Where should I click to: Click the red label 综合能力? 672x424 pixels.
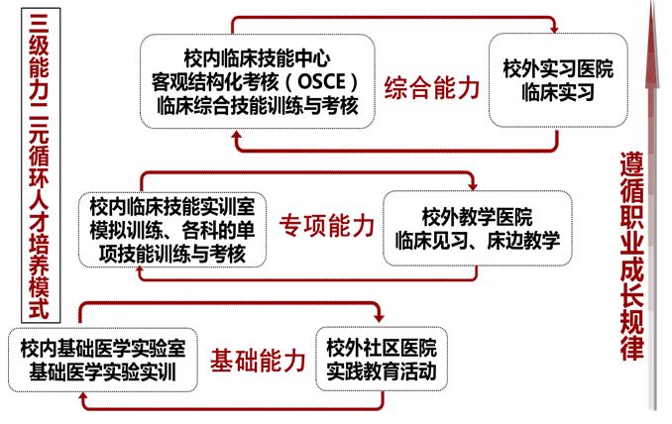pyautogui.click(x=431, y=88)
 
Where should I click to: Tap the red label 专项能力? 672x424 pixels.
pyautogui.click(x=326, y=225)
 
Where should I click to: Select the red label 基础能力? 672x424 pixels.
pyautogui.click(x=258, y=361)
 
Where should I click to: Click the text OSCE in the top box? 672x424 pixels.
pyautogui.click(x=321, y=81)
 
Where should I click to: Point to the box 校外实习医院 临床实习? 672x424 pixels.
pyautogui.click(x=558, y=80)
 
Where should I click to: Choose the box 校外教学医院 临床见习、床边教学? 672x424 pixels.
pyautogui.click(x=478, y=228)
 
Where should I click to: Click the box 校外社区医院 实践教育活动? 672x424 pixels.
pyautogui.click(x=382, y=359)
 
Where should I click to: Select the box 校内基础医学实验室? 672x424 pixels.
pyautogui.click(x=103, y=360)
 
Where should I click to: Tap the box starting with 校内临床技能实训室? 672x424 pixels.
pyautogui.click(x=172, y=230)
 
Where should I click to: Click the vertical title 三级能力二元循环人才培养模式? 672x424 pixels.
pyautogui.click(x=41, y=165)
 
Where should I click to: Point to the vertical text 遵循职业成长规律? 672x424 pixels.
pyautogui.click(x=631, y=257)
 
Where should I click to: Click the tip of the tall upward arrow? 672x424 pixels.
pyautogui.click(x=652, y=3)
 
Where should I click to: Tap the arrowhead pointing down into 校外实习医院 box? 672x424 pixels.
pyautogui.click(x=554, y=29)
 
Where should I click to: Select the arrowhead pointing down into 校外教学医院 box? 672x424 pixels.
pyautogui.click(x=473, y=185)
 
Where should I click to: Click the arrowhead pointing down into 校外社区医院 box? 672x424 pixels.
pyautogui.click(x=379, y=317)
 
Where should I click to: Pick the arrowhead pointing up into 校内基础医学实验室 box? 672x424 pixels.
pyautogui.click(x=83, y=397)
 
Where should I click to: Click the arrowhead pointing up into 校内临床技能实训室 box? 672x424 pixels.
pyautogui.click(x=140, y=271)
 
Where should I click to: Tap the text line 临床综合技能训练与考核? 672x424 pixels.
pyautogui.click(x=257, y=105)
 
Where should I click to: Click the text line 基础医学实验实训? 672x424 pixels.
pyautogui.click(x=103, y=371)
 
